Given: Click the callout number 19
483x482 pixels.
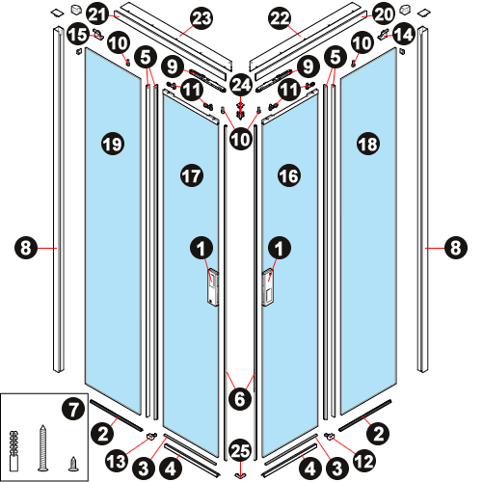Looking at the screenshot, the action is [113, 144].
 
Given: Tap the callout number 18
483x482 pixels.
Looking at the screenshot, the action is [368, 144].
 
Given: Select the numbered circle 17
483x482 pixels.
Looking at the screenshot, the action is [192, 175].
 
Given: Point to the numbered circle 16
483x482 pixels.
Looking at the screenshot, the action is [289, 175].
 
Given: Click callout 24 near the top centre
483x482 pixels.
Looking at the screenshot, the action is [241, 85].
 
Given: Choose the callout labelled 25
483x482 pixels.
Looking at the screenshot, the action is [240, 450].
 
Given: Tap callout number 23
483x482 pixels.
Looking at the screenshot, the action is [201, 18].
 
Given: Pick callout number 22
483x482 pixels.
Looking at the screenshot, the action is [280, 18].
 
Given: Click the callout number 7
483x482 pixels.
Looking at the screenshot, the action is [73, 409].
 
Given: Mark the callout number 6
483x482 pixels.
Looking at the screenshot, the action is [240, 399].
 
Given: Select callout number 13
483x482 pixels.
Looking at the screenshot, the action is [117, 462].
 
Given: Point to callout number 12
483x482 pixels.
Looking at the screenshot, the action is [364, 462].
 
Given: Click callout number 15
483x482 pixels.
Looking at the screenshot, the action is [78, 35].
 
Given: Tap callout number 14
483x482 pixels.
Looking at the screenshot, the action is [404, 35].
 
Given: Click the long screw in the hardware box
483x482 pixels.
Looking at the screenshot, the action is [42, 448].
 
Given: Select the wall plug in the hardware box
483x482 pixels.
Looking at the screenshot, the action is [14, 451].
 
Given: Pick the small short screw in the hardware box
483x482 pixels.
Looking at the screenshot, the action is [74, 465].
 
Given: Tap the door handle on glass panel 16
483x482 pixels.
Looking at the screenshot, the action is [268, 288].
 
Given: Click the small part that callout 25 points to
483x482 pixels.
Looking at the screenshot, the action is [240, 476].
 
